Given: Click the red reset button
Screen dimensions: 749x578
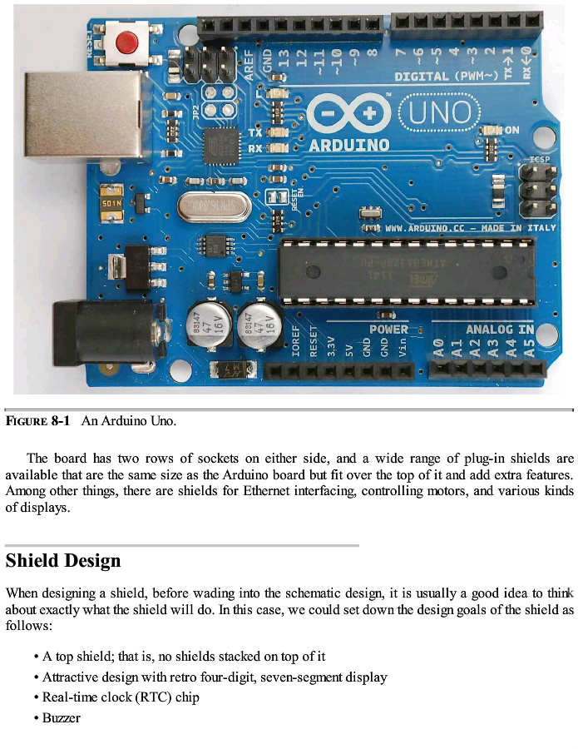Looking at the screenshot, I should [x=126, y=40].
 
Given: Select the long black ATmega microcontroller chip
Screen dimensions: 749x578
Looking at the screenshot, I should [x=394, y=271].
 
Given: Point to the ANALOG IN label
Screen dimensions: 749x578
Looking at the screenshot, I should [x=499, y=329].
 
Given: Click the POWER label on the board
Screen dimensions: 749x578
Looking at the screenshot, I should [x=388, y=329].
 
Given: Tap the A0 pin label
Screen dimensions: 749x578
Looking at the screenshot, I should [x=438, y=348].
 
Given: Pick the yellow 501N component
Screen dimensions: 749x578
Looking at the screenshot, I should [x=111, y=202].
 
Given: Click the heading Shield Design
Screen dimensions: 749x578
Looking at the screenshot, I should [x=63, y=561].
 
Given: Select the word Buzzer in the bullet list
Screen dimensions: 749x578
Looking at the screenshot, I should [x=62, y=717].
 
